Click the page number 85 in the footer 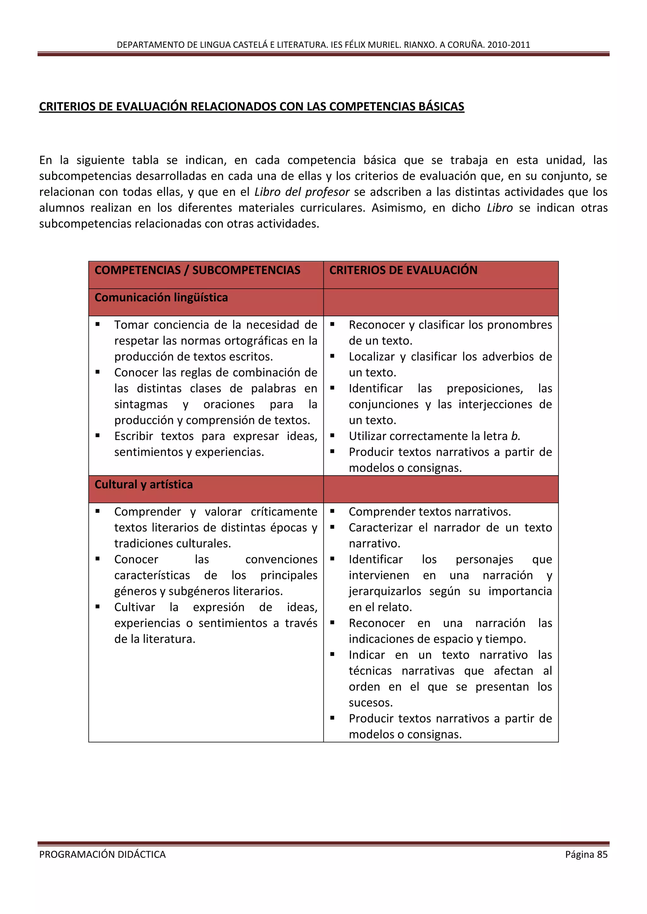[x=602, y=854]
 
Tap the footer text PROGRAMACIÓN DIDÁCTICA [x=102, y=854]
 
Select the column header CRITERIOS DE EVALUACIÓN [x=403, y=270]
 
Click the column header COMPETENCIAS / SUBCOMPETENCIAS [x=197, y=270]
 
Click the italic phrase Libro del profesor [x=302, y=192]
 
